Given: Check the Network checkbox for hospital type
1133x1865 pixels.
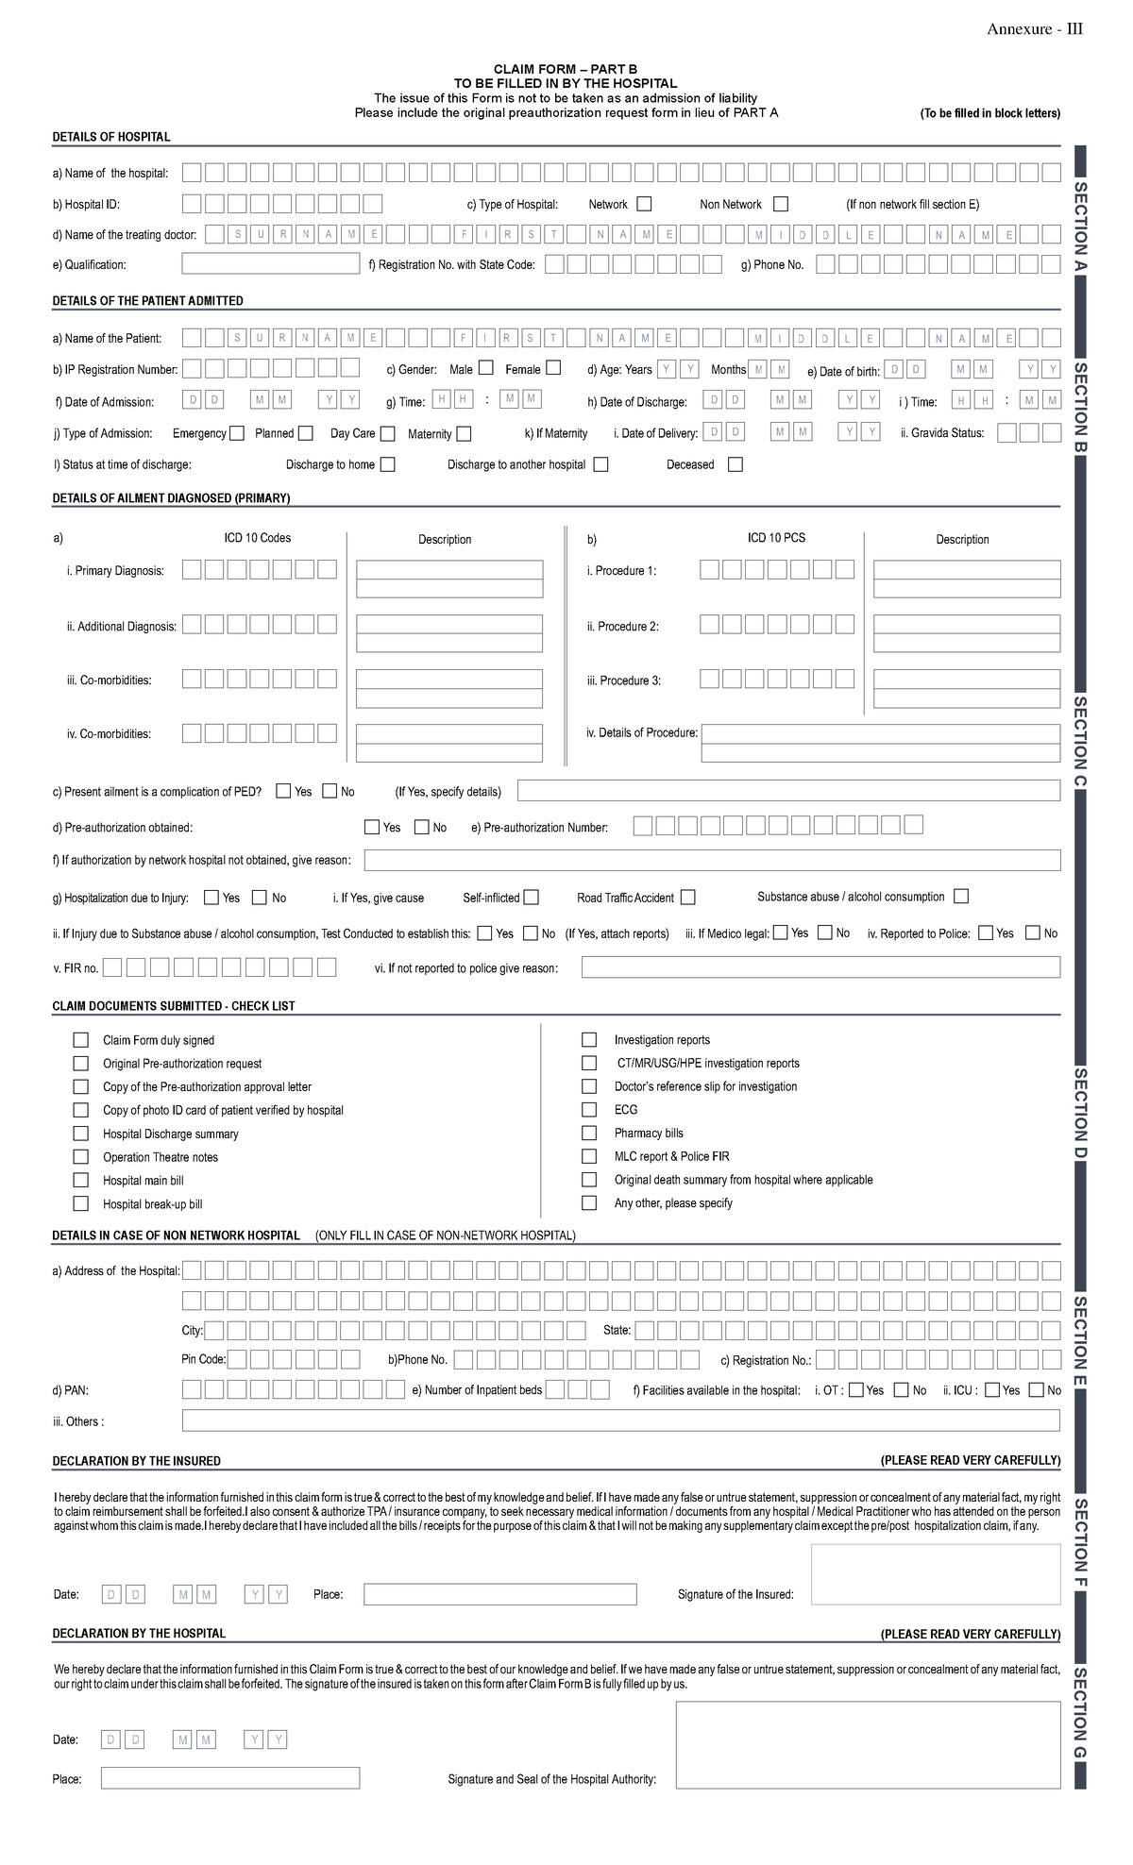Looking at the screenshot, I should coord(644,204).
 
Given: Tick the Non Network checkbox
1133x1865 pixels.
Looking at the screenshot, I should coord(780,204).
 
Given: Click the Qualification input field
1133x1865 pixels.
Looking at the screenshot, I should coord(270,264).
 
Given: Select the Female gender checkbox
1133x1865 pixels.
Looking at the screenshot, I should coord(553,368).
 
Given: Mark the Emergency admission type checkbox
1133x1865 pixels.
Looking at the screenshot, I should coord(237,433).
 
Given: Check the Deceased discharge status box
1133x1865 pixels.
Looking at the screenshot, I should coord(736,464).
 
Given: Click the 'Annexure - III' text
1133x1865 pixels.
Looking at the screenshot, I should coord(1035,29).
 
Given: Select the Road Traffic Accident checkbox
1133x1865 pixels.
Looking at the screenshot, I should coord(687,897).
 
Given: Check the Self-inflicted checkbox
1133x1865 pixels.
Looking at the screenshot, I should coord(532,897).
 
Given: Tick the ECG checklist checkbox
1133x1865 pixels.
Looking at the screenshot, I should coord(589,1110).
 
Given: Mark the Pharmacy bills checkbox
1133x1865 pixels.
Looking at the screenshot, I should coord(589,1133).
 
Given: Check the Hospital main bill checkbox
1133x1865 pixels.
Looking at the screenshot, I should coord(81,1180).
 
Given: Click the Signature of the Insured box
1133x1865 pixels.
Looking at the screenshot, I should coord(935,1574).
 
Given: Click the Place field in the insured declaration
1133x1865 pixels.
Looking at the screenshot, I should coord(499,1594).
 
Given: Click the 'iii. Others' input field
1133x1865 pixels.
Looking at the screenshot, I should coord(620,1421).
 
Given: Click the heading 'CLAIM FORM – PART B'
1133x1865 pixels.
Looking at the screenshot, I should coord(566,70).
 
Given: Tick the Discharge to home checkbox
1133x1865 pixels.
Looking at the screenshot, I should coord(387,464).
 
